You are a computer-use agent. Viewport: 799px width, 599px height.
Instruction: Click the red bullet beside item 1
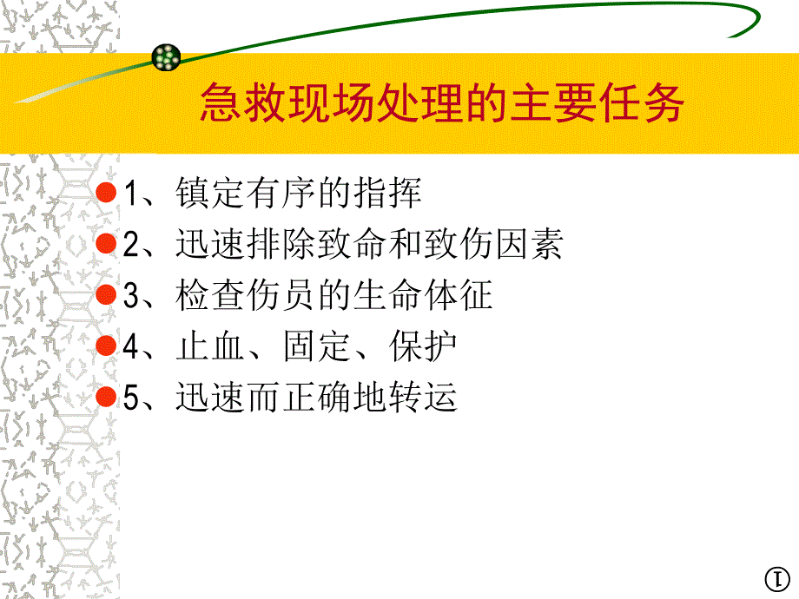click(105, 193)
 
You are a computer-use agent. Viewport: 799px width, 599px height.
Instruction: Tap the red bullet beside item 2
click(105, 244)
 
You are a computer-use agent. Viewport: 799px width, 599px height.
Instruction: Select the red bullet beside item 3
click(105, 295)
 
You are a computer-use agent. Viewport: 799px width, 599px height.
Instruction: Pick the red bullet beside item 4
click(105, 346)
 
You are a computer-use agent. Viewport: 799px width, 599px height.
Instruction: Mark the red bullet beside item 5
click(105, 398)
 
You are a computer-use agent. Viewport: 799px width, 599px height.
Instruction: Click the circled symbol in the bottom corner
click(776, 579)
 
